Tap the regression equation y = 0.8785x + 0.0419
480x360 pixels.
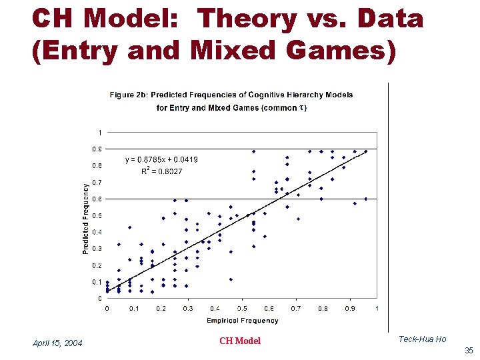[161, 159]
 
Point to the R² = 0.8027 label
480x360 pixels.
[161, 171]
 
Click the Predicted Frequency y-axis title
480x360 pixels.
[86, 219]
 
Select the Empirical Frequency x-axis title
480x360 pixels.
[242, 320]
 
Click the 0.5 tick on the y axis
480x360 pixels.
[97, 215]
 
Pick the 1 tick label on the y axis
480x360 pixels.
[100, 132]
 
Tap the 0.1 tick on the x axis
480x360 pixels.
[134, 308]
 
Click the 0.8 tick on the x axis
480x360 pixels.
[323, 308]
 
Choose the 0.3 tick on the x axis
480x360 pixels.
[188, 308]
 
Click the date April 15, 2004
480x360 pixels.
[57, 343]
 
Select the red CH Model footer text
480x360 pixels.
[240, 341]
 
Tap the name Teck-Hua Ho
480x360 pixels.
[422, 339]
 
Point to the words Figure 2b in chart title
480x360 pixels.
[127, 95]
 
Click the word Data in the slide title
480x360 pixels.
[393, 19]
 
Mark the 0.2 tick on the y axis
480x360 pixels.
[97, 265]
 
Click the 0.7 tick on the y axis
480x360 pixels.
[97, 182]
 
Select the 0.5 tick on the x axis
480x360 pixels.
[242, 308]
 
